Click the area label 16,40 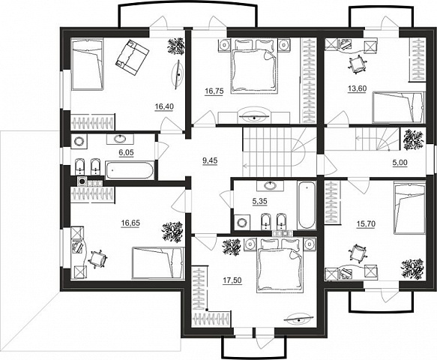tap(164, 106)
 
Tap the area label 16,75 tap(214, 91)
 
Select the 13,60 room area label tap(358, 88)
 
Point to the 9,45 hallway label tap(210, 160)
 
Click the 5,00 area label tap(400, 162)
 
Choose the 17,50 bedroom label tap(232, 280)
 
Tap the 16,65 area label tap(130, 223)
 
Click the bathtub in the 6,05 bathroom tap(129, 169)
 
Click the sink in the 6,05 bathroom tap(120, 138)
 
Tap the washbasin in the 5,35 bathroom tap(270, 185)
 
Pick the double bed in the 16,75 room tap(254, 65)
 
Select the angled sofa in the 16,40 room tap(133, 57)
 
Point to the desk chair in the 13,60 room tap(356, 64)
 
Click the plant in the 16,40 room tap(176, 46)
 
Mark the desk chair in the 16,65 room tap(97, 259)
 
